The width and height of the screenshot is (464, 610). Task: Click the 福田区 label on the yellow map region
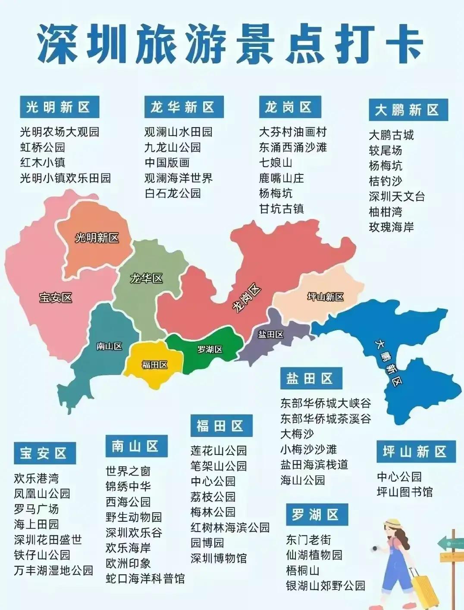(154, 365)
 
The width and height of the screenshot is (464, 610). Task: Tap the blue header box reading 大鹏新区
(408, 110)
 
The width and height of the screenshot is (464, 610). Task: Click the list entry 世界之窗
(128, 471)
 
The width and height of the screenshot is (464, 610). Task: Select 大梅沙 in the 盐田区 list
(297, 434)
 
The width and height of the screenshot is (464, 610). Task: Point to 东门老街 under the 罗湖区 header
(308, 539)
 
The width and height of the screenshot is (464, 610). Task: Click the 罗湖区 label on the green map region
(210, 349)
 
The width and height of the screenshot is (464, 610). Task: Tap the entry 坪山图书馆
(404, 492)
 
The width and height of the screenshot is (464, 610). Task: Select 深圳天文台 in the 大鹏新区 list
(397, 196)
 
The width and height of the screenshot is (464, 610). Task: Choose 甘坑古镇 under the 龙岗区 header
(281, 209)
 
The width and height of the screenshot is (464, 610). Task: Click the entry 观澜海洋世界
(178, 178)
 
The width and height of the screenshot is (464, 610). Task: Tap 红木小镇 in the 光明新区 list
(42, 162)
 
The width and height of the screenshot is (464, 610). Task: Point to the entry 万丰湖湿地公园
(53, 570)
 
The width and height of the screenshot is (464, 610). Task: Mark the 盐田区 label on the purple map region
(271, 334)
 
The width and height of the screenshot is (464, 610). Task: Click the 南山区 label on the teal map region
(109, 346)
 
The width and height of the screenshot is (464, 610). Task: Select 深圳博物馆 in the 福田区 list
(219, 558)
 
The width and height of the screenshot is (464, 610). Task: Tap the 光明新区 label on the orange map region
(97, 238)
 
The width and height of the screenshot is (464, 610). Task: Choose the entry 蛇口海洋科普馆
(145, 578)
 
